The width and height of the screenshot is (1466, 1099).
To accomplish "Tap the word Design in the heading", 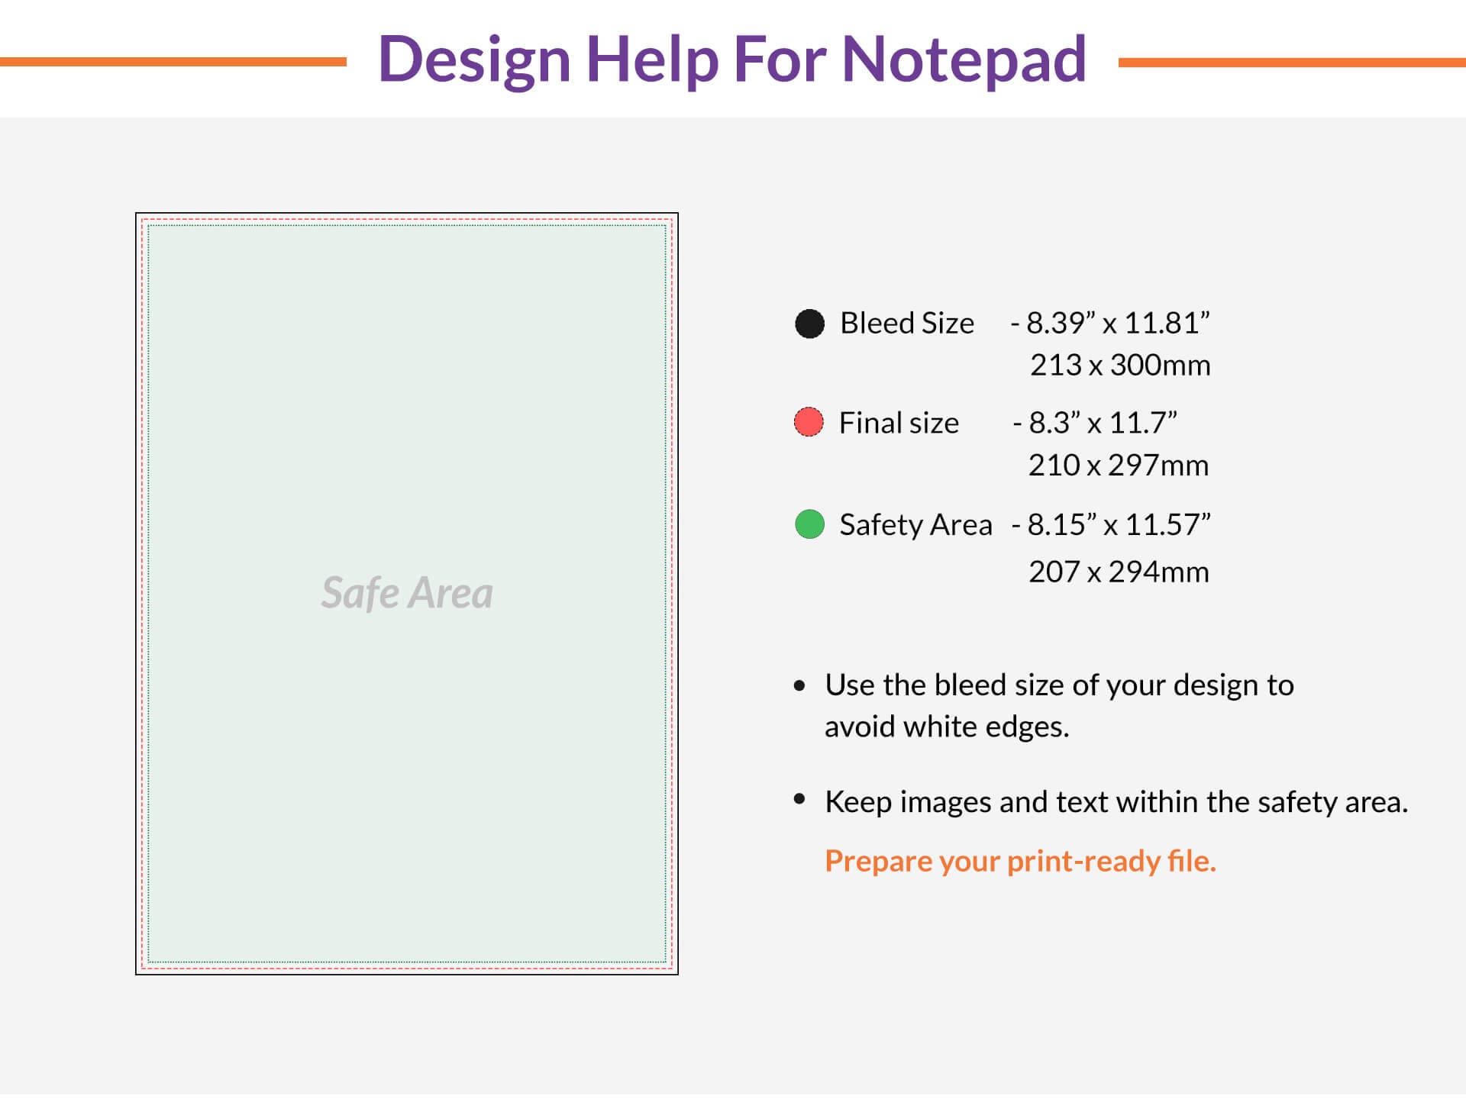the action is [474, 61].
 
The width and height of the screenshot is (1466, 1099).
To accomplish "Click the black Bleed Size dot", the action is [809, 324].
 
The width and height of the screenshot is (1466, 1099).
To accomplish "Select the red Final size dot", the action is [809, 422].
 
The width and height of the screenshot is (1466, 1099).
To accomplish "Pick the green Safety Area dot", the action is [809, 524].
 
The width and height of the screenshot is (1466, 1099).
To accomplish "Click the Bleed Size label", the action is [907, 324].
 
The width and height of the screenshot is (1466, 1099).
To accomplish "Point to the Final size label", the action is [899, 423].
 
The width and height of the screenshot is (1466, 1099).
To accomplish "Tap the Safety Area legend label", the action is [915, 525].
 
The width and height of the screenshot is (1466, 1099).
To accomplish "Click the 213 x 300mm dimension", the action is [1120, 366].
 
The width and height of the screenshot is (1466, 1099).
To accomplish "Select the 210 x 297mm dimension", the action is [1119, 466].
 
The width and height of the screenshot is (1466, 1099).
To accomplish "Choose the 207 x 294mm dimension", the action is [1119, 572].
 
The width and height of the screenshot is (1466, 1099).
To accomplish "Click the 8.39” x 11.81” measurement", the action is [1118, 324].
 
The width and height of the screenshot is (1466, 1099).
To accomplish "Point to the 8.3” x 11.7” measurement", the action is [1103, 423].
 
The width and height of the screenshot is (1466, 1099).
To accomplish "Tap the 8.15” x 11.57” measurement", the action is [1119, 525].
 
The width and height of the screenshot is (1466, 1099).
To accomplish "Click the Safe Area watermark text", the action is [407, 593].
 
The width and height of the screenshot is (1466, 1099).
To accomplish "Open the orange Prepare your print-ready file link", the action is [1020, 861].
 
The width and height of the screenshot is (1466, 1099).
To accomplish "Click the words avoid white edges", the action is [947, 727].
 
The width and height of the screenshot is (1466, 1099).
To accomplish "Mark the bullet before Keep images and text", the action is [799, 799].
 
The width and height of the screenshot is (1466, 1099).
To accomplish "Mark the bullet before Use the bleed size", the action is [799, 685].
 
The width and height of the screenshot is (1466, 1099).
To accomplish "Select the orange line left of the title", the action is [173, 62].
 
